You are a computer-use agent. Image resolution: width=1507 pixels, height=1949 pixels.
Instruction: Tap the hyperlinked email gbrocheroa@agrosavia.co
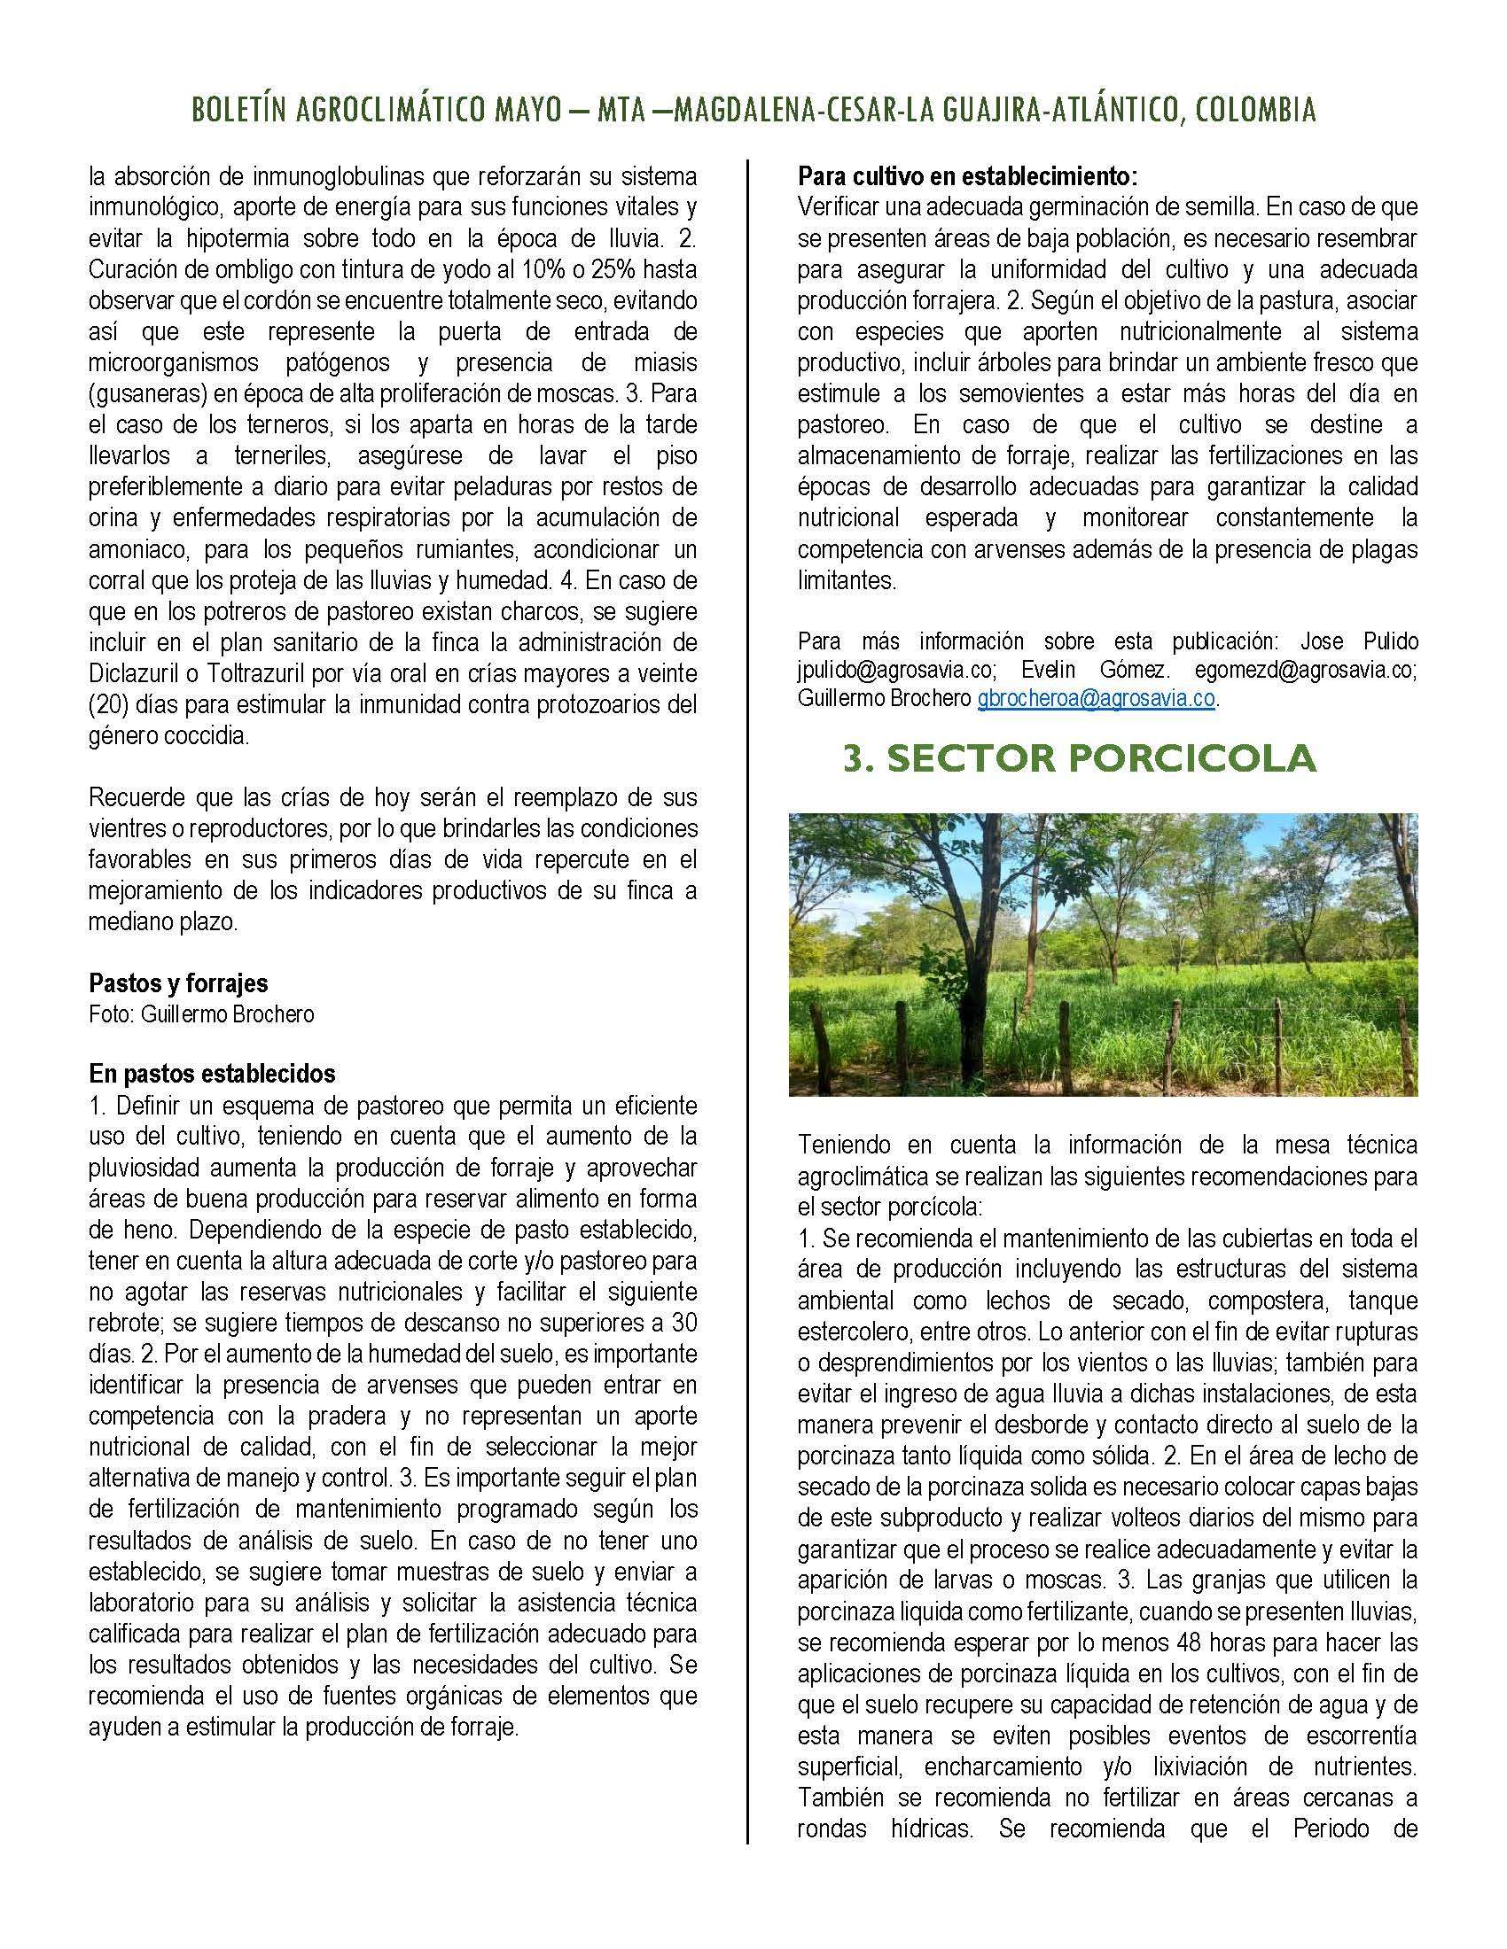point(1096,698)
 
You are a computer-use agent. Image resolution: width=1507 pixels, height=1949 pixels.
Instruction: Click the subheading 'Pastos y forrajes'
point(177,983)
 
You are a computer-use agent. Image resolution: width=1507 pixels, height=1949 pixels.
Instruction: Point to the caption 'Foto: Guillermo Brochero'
point(201,1014)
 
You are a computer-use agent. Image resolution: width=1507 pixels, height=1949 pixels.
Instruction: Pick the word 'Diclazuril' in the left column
point(132,673)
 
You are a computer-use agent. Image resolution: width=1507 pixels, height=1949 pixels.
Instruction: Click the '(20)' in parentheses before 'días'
point(108,704)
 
